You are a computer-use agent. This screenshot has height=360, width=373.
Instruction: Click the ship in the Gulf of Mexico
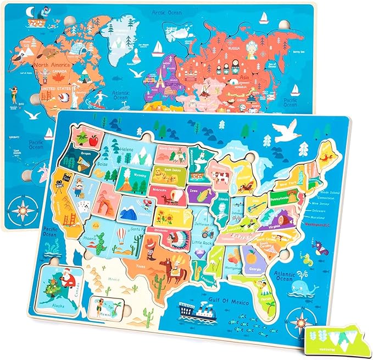pyautogui.click(x=196, y=312)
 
